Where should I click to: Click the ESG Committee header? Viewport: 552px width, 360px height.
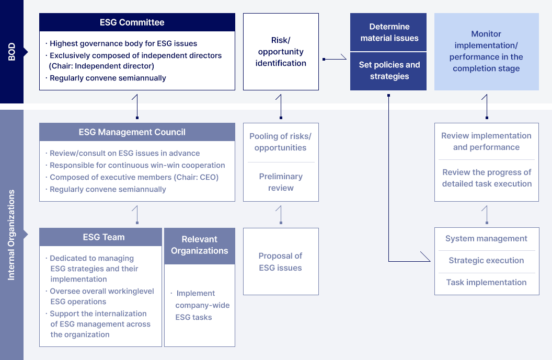[137, 22]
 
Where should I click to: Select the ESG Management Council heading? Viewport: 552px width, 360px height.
[137, 132]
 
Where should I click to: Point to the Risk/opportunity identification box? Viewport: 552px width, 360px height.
[281, 52]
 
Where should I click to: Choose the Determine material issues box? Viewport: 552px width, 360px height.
[389, 32]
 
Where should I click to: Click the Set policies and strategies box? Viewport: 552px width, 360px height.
[389, 71]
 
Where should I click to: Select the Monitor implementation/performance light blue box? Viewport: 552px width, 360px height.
[486, 52]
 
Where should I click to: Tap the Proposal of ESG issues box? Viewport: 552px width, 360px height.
[281, 262]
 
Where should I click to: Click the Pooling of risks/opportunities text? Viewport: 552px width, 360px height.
[280, 142]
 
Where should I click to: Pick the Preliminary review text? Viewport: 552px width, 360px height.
[281, 182]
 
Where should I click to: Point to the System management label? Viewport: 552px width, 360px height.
[486, 239]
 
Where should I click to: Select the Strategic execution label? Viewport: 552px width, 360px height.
[486, 261]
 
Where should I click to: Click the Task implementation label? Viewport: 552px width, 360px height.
[486, 283]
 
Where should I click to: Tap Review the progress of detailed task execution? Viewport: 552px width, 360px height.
[487, 178]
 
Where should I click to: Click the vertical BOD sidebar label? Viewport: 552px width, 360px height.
[11, 52]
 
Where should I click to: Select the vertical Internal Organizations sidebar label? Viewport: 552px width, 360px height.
[11, 235]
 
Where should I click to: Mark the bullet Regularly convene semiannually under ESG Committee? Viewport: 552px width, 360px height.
[108, 78]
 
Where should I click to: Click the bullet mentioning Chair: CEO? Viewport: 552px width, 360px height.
[134, 177]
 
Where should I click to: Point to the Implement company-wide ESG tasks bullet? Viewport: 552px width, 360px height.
[202, 305]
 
